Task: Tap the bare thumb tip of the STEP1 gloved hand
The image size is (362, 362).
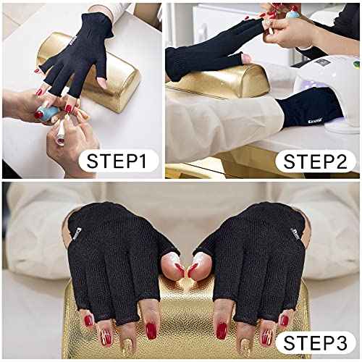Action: coord(101,83)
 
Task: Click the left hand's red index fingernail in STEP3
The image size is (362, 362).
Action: coord(151,330)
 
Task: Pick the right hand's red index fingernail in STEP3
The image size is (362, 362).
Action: coord(218,329)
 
